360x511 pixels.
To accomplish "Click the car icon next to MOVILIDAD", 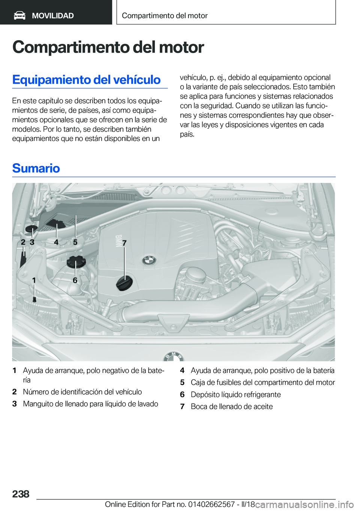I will click(19, 15).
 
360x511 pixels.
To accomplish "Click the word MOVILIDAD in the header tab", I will click(53, 16).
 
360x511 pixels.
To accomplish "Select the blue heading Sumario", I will click(36, 168).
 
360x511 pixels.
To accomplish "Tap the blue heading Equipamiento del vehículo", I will click(86, 80).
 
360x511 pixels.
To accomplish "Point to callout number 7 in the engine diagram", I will click(124, 243).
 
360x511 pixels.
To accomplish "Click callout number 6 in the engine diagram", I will click(75, 280).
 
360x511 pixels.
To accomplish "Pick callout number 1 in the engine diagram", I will click(34, 280).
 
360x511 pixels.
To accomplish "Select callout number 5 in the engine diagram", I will click(75, 242).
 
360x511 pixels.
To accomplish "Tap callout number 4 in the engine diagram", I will click(56, 242).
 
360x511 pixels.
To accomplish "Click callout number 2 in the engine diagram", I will click(23, 242).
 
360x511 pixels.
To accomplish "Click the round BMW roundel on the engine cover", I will click(149, 260).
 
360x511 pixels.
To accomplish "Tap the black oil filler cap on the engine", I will click(124, 283).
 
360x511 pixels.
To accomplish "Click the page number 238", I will click(21, 494).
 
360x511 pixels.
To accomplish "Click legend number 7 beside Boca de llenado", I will click(182, 406).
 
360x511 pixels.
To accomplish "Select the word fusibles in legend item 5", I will click(229, 382).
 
